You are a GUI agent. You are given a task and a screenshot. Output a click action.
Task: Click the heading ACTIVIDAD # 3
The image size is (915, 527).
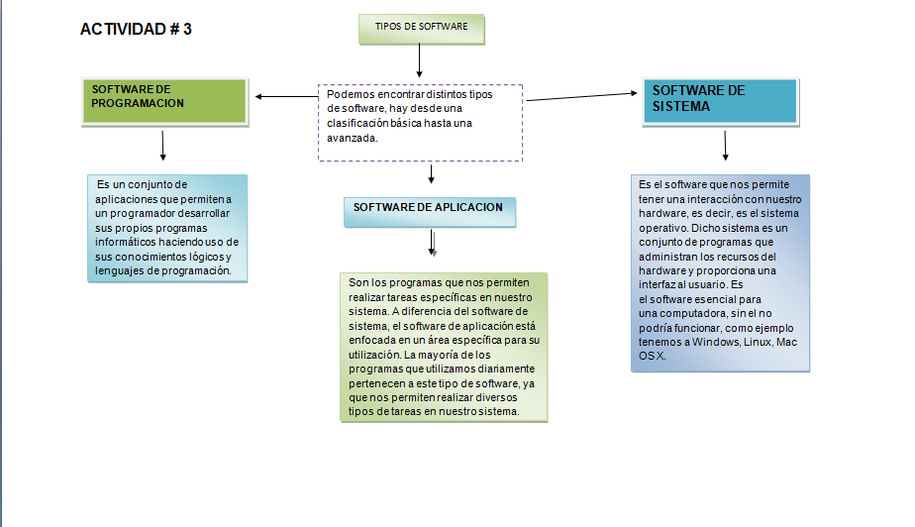tap(136, 29)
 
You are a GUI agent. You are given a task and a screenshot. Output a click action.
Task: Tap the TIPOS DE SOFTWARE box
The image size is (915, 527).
tap(422, 28)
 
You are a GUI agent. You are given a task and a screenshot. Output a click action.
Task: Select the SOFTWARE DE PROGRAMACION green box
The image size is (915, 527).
tap(161, 101)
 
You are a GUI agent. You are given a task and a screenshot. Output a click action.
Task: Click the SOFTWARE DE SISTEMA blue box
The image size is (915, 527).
tap(719, 101)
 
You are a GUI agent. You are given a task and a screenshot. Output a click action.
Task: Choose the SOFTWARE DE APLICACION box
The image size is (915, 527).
tap(429, 210)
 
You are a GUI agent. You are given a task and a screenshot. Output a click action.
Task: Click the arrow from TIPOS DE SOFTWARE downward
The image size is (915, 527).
tap(420, 61)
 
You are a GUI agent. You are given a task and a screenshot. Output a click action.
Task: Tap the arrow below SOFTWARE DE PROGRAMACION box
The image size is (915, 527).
tap(162, 146)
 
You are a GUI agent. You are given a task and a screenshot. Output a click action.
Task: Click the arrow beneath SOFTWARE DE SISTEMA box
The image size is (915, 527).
tap(726, 146)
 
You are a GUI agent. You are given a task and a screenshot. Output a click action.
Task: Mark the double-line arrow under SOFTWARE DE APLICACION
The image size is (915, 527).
tap(433, 244)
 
